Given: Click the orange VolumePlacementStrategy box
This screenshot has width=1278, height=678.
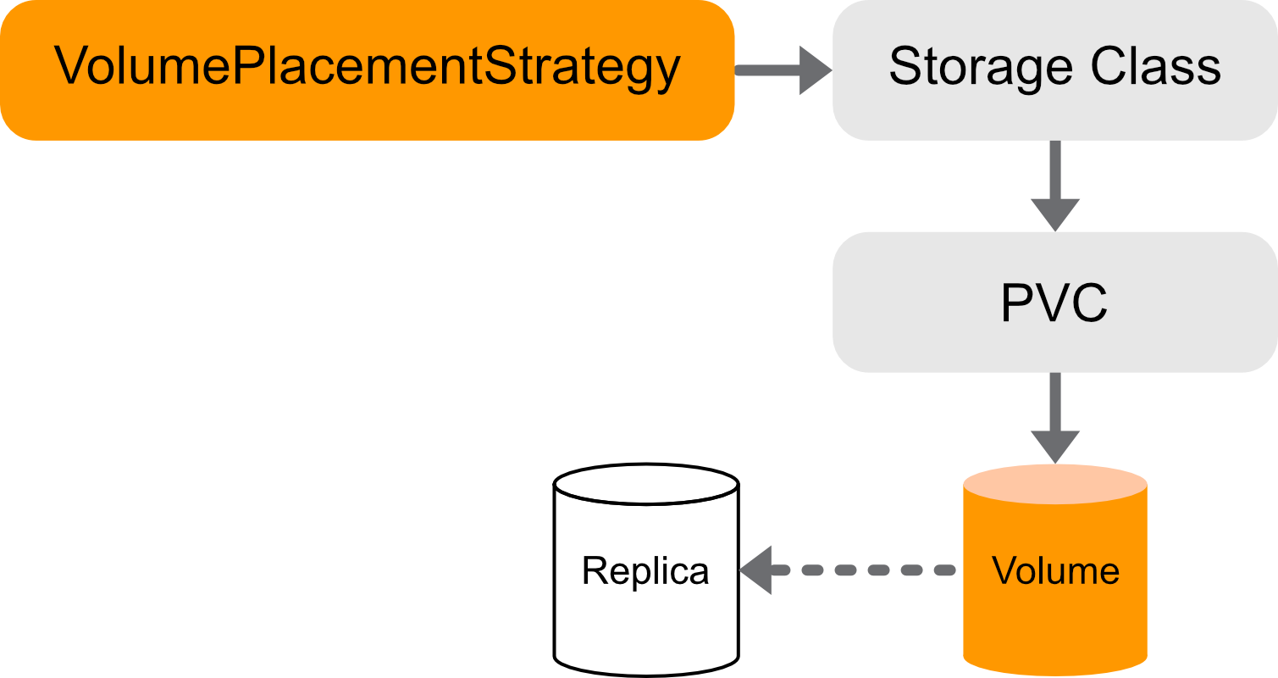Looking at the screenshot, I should [367, 70].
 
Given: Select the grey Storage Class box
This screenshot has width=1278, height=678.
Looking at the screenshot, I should [1054, 70].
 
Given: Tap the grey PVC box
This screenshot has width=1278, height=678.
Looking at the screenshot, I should [1054, 302].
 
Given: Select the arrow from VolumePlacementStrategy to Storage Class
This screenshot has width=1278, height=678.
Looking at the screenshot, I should [779, 70].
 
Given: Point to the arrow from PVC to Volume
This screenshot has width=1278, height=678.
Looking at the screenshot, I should [1055, 415].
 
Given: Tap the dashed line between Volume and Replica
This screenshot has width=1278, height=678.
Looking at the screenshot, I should [864, 570].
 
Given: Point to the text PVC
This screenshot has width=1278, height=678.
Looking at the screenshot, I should [1054, 303].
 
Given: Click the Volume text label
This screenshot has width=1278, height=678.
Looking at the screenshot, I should [1055, 571].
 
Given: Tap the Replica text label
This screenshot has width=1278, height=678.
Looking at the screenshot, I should [645, 571].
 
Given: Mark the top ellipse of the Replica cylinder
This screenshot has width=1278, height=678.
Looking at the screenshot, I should [645, 484].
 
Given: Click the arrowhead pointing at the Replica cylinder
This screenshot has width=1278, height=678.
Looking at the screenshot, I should [757, 570].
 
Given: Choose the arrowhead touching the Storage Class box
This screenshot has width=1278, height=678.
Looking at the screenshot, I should [815, 70].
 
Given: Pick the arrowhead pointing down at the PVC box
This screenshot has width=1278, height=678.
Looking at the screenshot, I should [1055, 214].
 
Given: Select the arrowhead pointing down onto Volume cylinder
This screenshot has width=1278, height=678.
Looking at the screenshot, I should [1055, 447].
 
